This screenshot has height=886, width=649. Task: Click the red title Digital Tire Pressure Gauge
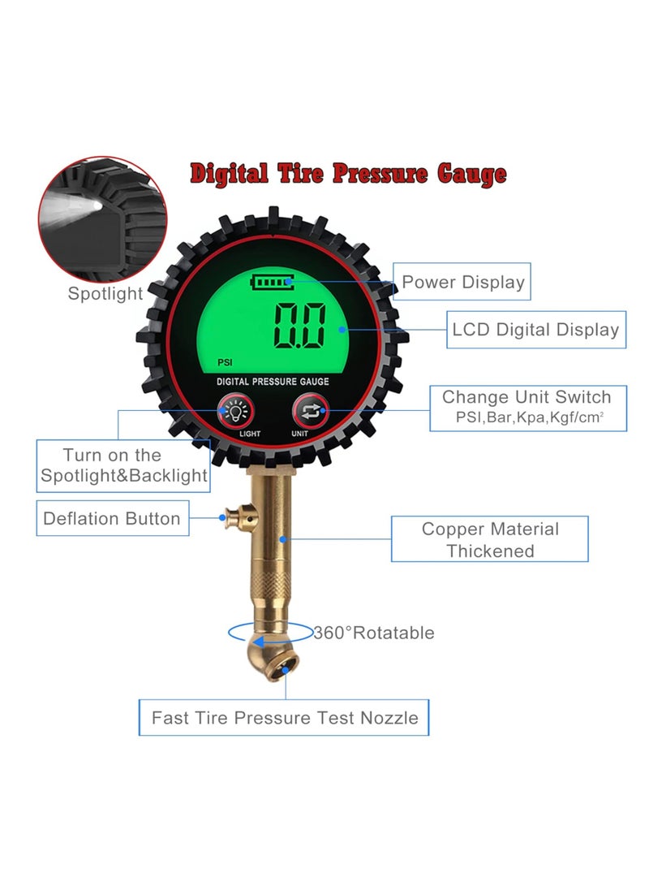348,174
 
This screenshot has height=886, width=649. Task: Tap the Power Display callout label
463,283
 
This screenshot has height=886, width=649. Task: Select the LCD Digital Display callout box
535,330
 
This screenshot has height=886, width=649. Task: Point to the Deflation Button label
112,519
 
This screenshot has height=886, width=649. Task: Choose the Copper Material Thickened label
490,539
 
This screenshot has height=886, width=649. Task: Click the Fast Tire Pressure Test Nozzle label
284,718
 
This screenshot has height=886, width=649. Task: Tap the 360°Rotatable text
374,633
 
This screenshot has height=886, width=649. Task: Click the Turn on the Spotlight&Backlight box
124,465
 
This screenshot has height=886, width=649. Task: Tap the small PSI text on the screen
225,363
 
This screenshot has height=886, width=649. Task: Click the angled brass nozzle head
273,653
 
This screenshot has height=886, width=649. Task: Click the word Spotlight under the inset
105,294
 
